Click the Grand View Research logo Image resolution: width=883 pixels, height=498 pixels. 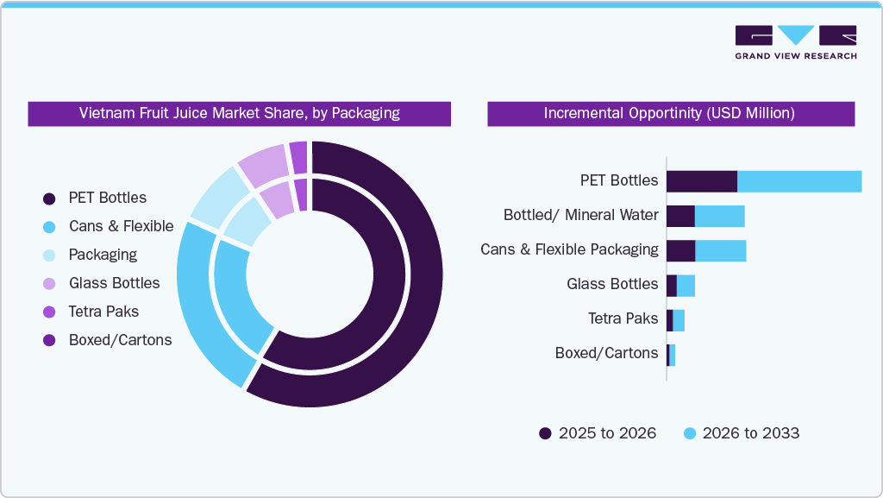pyautogui.click(x=795, y=42)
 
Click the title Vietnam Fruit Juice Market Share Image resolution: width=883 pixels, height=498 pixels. pyautogui.click(x=239, y=113)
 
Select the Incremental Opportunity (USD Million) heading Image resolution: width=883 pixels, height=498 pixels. pyautogui.click(x=669, y=113)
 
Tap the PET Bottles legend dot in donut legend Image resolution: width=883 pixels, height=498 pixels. pyautogui.click(x=49, y=199)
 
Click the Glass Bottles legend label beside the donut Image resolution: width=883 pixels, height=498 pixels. pyautogui.click(x=114, y=283)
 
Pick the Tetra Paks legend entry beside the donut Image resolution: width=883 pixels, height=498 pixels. pyautogui.click(x=103, y=312)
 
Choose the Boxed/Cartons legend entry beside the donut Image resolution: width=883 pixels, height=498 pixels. pyautogui.click(x=120, y=340)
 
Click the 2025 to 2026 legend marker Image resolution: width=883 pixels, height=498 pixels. pyautogui.click(x=545, y=433)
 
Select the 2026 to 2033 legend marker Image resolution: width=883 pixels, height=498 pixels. pyautogui.click(x=689, y=433)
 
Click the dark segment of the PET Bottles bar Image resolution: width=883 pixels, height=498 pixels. pyautogui.click(x=701, y=181)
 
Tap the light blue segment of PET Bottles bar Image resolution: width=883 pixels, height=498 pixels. pyautogui.click(x=799, y=181)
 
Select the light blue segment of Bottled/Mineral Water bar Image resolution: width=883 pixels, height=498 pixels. pyautogui.click(x=719, y=216)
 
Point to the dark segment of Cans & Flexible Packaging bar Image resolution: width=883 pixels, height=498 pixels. pyautogui.click(x=680, y=250)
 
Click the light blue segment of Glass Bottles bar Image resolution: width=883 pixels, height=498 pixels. pyautogui.click(x=686, y=286)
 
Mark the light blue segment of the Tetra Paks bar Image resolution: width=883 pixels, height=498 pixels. pyautogui.click(x=679, y=320)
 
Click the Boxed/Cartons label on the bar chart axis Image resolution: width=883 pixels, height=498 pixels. pyautogui.click(x=606, y=353)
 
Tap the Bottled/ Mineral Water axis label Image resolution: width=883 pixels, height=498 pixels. pyautogui.click(x=580, y=215)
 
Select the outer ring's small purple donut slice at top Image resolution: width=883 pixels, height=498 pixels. pyautogui.click(x=298, y=157)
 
